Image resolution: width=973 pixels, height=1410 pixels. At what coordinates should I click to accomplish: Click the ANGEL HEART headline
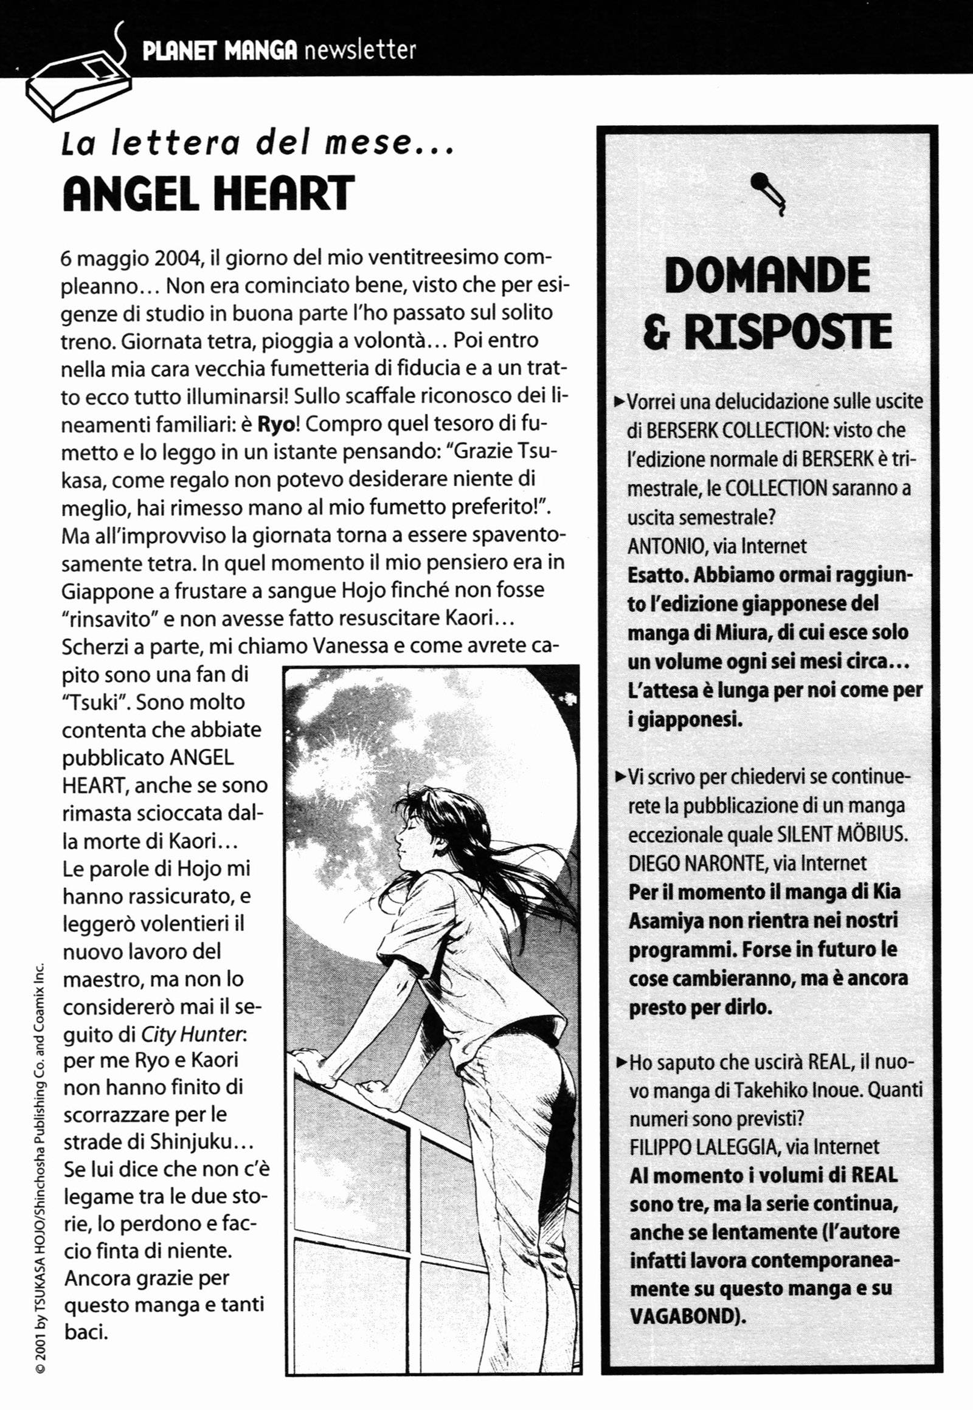click(x=208, y=194)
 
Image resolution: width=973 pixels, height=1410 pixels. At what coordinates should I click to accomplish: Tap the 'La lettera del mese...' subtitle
click(x=257, y=144)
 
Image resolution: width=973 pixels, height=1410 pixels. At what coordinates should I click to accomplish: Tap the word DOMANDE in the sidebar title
click(x=767, y=275)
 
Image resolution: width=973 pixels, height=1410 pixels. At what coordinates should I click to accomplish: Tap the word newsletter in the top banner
click(x=359, y=49)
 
